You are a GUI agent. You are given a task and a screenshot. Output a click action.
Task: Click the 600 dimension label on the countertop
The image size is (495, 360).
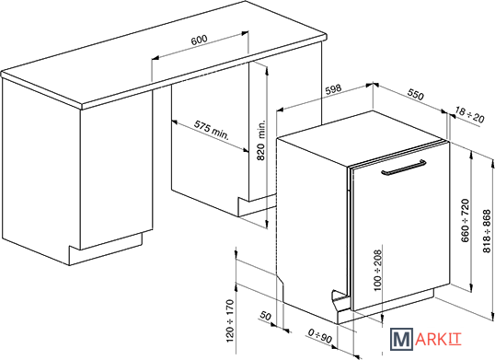pos(200,40)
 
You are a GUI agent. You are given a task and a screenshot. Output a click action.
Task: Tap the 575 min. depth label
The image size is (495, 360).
pos(211,130)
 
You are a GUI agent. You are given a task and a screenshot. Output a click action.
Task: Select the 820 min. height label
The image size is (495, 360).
pos(260,140)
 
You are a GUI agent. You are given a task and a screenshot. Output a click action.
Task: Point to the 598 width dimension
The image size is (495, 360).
pos(333,89)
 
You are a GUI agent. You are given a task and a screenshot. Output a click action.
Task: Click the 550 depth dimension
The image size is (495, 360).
pos(415,95)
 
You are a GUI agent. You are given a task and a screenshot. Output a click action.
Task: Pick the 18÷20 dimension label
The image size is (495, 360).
pos(469,116)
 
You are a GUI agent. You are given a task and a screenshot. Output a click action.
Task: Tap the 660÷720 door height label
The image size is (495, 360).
pos(466,220)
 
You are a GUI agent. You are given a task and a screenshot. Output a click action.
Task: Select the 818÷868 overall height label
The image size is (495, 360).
pos(487,231)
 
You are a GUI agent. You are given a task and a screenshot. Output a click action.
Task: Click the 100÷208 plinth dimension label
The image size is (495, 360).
pos(377,271)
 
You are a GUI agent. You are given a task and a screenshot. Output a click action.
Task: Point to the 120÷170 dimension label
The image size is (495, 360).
pos(230,320)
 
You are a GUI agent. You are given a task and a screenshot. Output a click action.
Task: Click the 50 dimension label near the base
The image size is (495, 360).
pos(266,316)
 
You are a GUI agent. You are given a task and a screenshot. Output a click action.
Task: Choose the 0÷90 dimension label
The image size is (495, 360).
pos(320,336)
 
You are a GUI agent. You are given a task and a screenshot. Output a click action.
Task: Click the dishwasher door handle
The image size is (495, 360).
pos(403,168)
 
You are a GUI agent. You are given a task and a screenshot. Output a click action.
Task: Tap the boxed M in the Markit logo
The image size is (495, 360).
pos(401,339)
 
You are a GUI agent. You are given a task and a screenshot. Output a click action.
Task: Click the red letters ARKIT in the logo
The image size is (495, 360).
pos(438,339)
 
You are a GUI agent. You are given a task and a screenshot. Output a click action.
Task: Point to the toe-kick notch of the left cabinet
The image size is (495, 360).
pos(106,250)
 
